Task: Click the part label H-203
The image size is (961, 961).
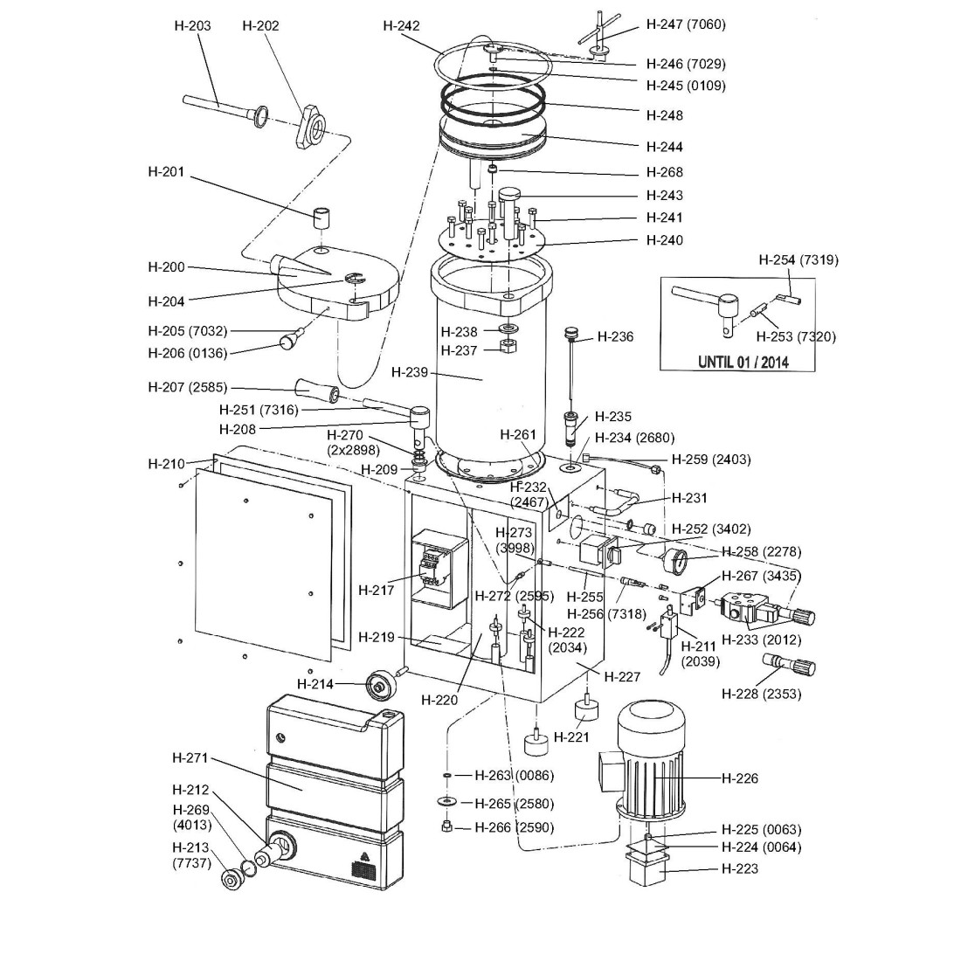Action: click(x=192, y=26)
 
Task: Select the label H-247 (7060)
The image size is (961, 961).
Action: click(x=686, y=24)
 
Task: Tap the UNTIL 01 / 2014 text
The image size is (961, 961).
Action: click(x=743, y=362)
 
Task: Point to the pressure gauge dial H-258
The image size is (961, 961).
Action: click(x=680, y=558)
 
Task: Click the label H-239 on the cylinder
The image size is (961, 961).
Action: click(x=410, y=372)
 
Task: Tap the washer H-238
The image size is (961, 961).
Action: click(x=508, y=328)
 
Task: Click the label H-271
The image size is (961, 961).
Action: click(x=190, y=758)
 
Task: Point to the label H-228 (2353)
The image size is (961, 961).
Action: click(x=761, y=695)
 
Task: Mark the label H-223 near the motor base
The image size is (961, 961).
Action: click(x=740, y=868)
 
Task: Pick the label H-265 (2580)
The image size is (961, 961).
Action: click(x=514, y=803)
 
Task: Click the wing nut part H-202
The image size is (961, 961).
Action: click(x=313, y=121)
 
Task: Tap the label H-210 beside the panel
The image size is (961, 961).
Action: click(x=166, y=464)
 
